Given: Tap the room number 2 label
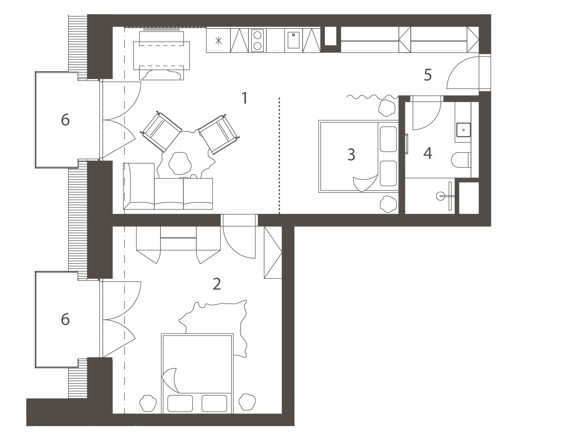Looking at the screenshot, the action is (x=217, y=284).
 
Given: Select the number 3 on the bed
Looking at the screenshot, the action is (x=351, y=155).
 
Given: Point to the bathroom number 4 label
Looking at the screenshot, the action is (x=428, y=153).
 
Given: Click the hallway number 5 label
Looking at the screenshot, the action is (x=428, y=75).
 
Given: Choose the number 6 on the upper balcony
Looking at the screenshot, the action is (x=65, y=120).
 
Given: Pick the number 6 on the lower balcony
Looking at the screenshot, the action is (x=65, y=319).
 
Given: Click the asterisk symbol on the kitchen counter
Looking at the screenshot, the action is (x=218, y=41).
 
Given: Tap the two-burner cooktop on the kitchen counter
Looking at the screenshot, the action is (x=258, y=41).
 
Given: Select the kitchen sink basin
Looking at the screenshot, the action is (x=294, y=40).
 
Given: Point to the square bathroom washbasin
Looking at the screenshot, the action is (x=464, y=130).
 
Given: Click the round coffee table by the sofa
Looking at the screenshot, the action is (x=180, y=163).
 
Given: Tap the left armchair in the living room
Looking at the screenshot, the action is (x=161, y=132).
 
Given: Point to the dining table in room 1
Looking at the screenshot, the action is (x=162, y=56).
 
